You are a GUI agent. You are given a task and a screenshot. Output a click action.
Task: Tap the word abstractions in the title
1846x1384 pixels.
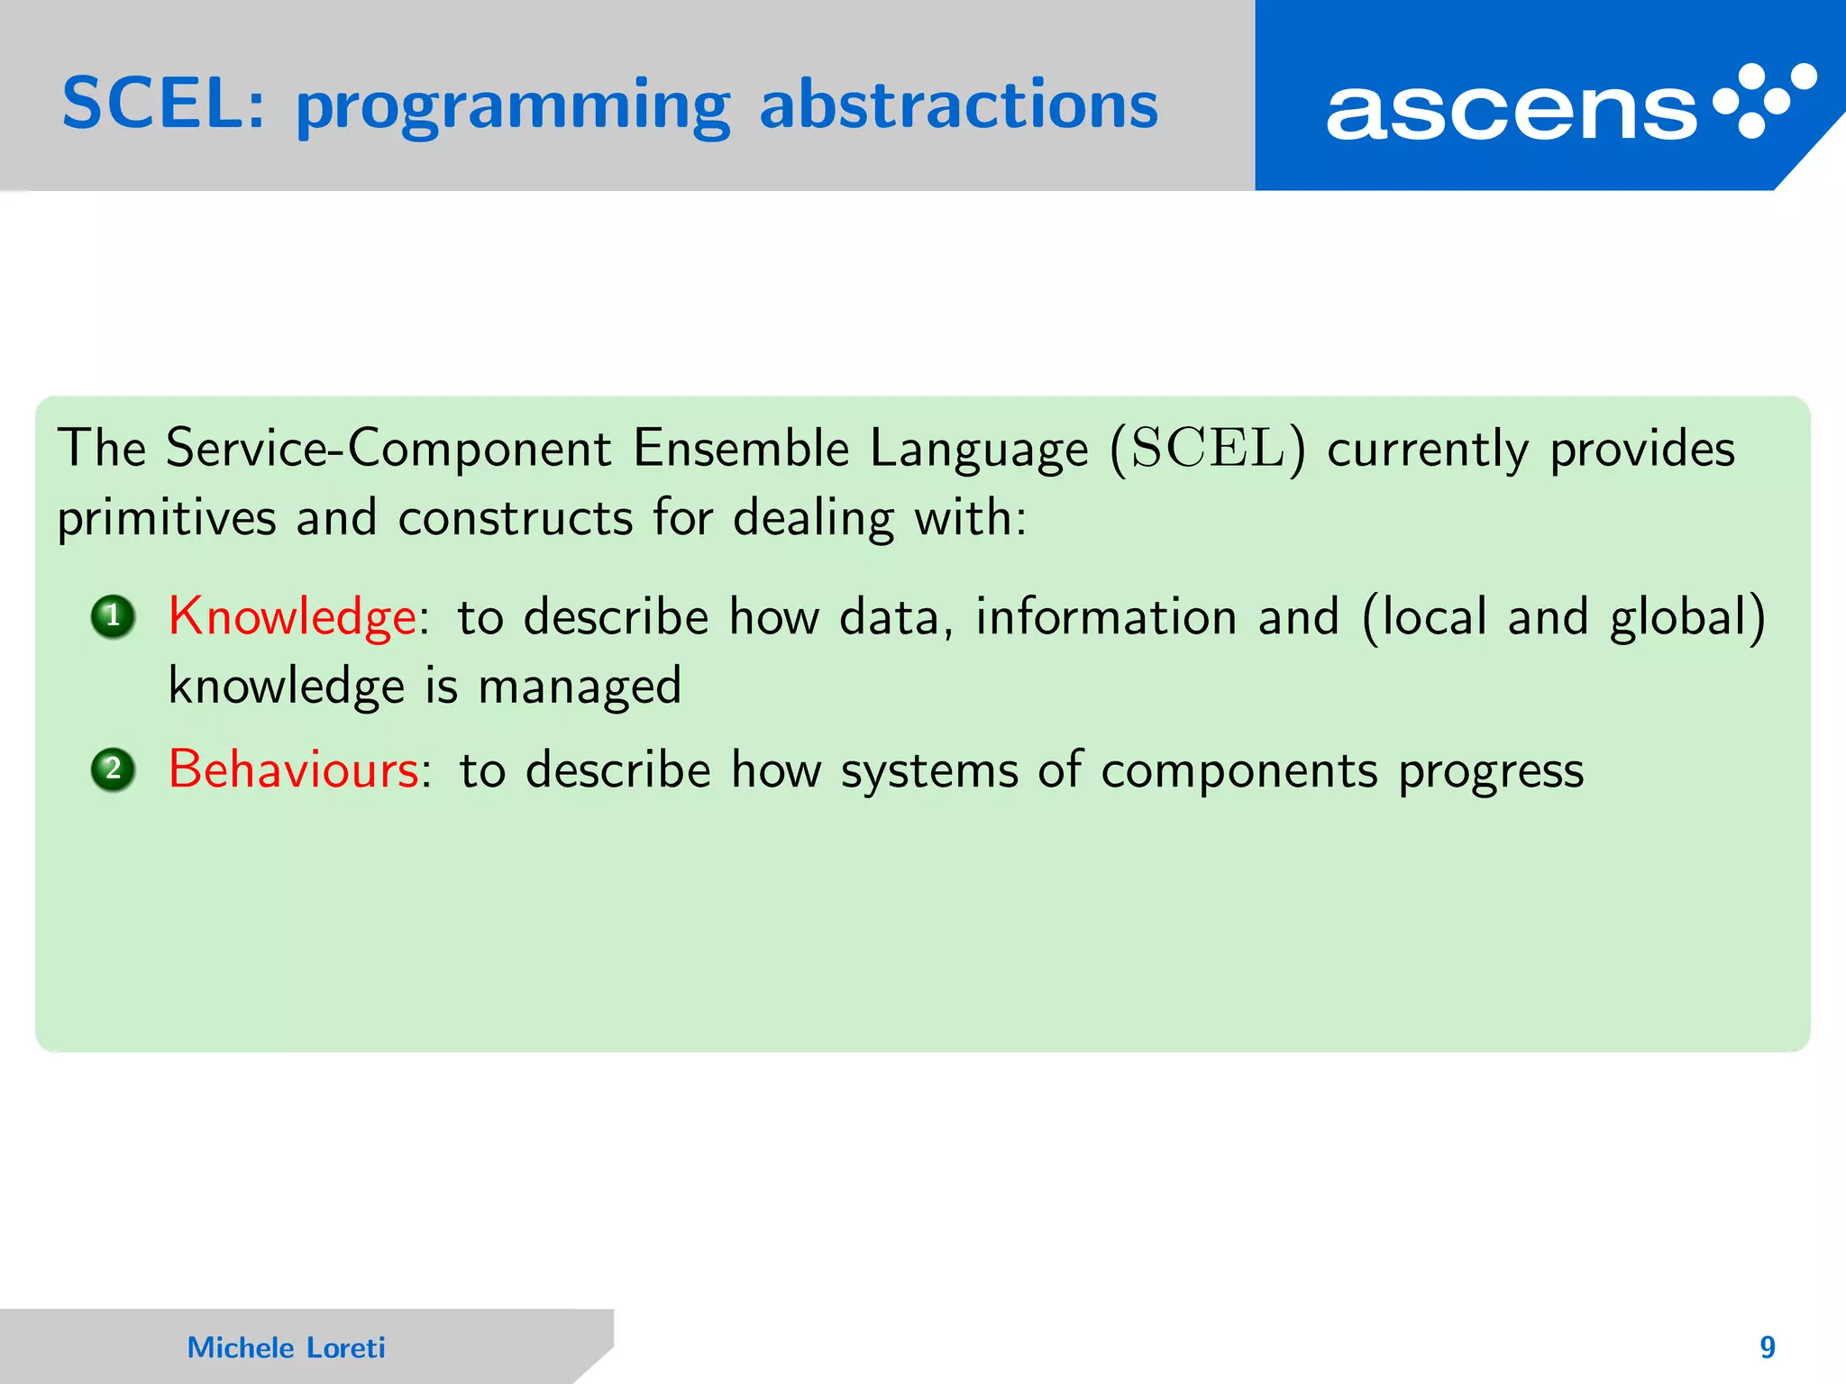[x=958, y=105]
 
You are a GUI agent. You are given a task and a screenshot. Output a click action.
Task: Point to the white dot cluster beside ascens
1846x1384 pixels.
[x=1764, y=100]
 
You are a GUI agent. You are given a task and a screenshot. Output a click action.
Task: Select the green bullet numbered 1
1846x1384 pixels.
[x=113, y=617]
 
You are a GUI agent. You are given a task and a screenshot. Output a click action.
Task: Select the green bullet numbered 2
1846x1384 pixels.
[x=113, y=770]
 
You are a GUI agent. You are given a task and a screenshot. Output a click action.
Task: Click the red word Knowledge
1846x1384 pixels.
[x=292, y=618]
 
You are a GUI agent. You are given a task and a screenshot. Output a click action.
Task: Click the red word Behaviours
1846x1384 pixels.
[x=294, y=771]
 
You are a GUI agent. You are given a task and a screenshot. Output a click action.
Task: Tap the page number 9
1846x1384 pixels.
[x=1767, y=1347]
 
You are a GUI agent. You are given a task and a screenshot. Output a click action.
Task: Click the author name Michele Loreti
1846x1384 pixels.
[x=286, y=1348]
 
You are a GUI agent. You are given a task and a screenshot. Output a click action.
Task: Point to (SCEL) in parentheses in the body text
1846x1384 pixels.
[x=1207, y=449]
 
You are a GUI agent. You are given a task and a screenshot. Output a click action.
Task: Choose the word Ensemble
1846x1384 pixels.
[x=740, y=449]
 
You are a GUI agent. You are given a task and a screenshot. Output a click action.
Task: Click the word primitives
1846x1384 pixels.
[x=167, y=520]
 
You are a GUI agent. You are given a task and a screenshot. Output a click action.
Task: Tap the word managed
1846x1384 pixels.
[x=580, y=687]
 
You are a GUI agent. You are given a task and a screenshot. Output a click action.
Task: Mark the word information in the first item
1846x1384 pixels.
[x=1106, y=618]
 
